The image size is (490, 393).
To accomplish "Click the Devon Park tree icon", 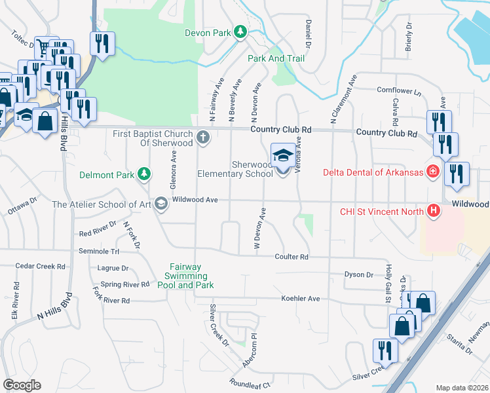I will [241, 31].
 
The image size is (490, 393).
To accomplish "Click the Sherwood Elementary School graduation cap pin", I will [283, 157].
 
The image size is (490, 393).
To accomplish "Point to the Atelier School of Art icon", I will [162, 204].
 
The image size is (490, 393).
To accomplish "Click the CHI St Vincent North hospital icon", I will [432, 211].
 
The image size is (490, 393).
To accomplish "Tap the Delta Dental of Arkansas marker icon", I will [432, 172].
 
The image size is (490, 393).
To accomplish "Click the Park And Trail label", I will [276, 58].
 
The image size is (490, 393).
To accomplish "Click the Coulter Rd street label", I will [292, 257].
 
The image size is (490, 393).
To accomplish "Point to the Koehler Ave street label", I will [300, 299].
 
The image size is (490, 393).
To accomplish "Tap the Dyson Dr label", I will [360, 275].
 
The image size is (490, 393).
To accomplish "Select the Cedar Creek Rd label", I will [41, 267].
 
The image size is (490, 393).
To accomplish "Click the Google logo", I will [22, 385].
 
